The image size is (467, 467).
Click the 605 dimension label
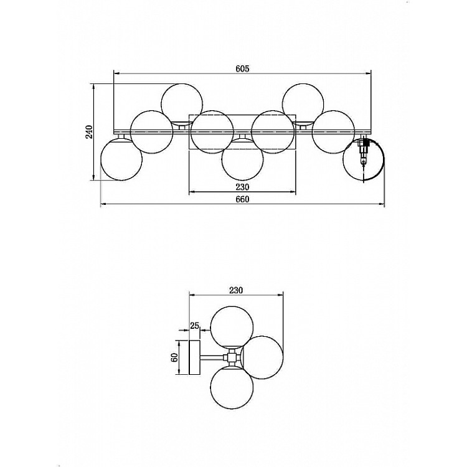coord(242,68)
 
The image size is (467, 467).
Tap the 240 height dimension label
coord(89,132)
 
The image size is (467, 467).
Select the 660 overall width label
coord(242,199)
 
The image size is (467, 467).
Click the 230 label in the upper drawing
coord(242,187)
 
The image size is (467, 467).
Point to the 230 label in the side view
coord(236,290)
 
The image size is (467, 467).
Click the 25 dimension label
coord(194,326)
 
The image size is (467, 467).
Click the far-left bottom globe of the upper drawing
coord(121,159)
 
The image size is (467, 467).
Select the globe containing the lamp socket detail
coord(364,159)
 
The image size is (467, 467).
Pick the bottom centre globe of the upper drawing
coord(243,159)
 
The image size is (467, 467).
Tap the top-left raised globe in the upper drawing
coord(182,104)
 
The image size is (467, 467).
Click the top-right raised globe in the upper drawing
coord(303,104)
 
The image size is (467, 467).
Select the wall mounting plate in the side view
coord(194,357)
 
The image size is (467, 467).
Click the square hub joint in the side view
coord(232,357)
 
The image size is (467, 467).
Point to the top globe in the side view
coord(232,327)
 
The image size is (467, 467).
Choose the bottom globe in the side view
coord(232,387)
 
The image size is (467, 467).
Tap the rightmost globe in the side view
coord(262,357)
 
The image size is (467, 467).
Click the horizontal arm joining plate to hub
coord(212,357)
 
